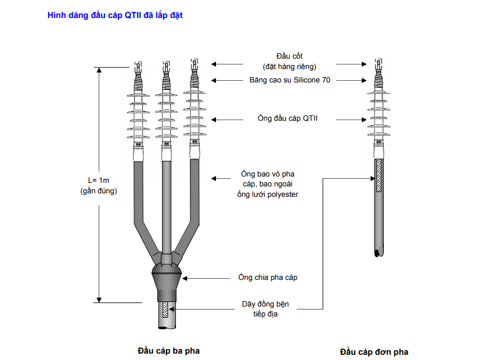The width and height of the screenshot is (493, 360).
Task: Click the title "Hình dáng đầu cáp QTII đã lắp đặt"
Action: pos(115,15)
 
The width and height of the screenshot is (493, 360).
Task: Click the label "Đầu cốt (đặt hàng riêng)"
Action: pos(289,60)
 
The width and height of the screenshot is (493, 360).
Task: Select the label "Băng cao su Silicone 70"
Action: pos(290,80)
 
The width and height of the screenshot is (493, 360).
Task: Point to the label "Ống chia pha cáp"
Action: pos(268,278)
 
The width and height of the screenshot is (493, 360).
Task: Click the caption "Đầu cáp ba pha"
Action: pos(164,351)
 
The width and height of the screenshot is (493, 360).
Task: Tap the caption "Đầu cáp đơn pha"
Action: pos(374,352)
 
